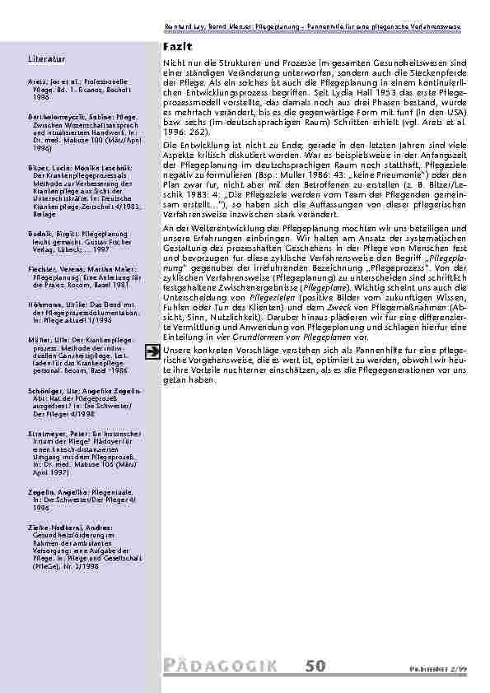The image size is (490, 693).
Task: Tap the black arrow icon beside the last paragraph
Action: pos(152,375)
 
